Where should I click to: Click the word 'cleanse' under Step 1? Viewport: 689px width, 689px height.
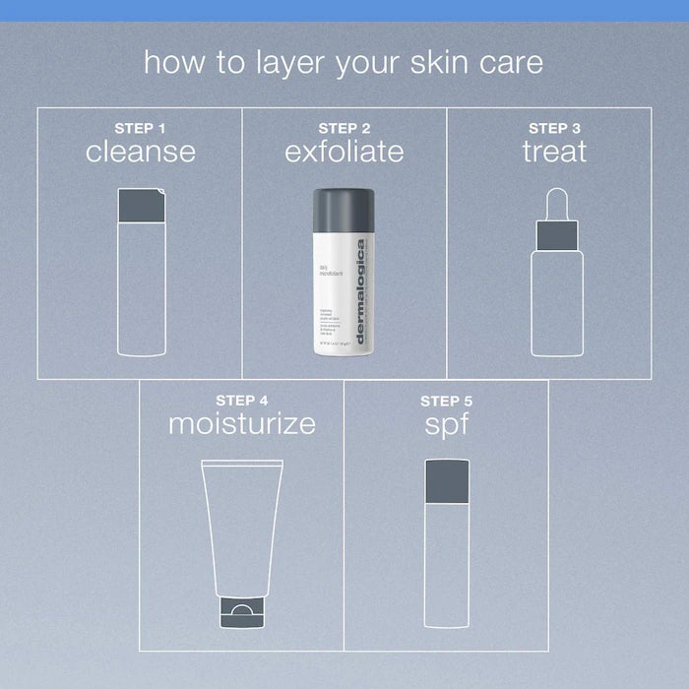click(140, 152)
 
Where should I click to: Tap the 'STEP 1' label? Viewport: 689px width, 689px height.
click(140, 127)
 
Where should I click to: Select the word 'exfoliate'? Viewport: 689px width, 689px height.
click(344, 152)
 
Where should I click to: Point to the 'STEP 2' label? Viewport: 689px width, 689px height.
click(344, 127)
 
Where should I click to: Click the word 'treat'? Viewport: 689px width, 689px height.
click(554, 152)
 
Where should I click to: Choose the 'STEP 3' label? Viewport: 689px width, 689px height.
click(554, 127)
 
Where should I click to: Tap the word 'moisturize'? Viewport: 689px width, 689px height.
click(242, 424)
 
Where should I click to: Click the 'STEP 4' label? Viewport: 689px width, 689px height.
click(242, 400)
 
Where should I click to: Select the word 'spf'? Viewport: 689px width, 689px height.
click(446, 425)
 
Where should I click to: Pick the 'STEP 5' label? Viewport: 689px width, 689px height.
click(446, 401)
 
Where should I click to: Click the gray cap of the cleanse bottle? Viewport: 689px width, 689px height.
click(141, 205)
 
